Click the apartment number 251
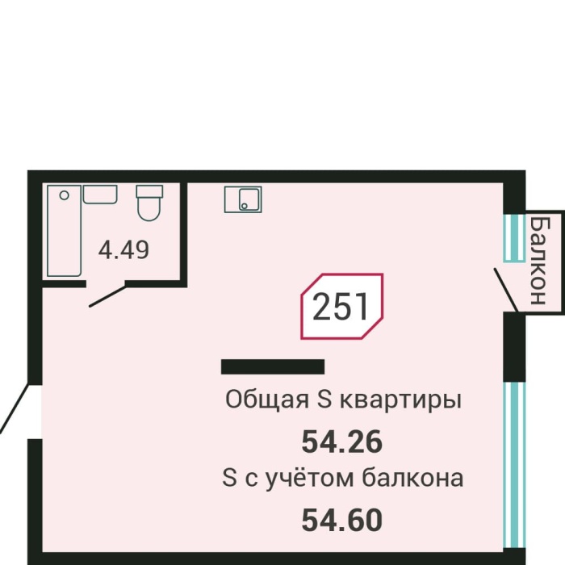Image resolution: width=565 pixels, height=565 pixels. click(x=341, y=307)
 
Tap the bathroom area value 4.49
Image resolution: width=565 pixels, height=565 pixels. click(x=123, y=250)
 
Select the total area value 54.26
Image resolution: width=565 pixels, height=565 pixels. click(x=341, y=442)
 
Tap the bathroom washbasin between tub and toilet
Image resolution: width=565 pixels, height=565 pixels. click(x=100, y=195)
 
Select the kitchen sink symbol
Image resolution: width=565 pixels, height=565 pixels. click(x=243, y=199)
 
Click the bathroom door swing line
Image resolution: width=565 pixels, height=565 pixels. click(x=107, y=295)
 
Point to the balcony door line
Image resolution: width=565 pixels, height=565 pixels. click(x=506, y=290)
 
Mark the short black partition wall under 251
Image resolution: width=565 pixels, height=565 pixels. click(x=273, y=366)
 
